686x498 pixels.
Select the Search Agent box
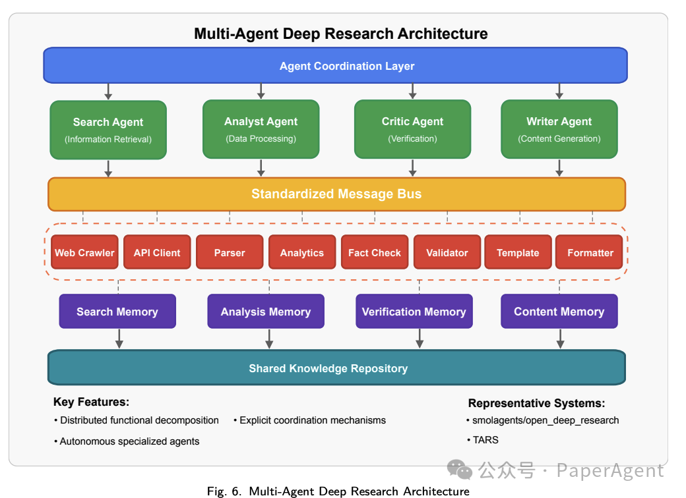[x=108, y=130]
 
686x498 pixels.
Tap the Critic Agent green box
[x=412, y=129]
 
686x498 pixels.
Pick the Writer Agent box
[x=559, y=129]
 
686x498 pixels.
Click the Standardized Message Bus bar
[x=336, y=194]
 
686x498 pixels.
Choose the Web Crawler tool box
[x=84, y=253]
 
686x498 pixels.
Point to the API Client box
[x=157, y=253]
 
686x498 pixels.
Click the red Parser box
[x=230, y=253]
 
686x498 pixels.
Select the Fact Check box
[x=374, y=253]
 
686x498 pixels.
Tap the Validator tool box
[x=447, y=253]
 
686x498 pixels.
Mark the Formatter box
[x=590, y=253]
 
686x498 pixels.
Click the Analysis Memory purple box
[x=266, y=312]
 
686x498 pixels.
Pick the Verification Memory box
[x=414, y=312]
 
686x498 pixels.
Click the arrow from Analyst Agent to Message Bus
[x=261, y=168]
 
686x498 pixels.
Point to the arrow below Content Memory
[x=560, y=339]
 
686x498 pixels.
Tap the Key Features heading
[x=91, y=402]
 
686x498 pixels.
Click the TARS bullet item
[x=485, y=439]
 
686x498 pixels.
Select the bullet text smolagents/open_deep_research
[x=545, y=420]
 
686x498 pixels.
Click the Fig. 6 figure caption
[x=338, y=491]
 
